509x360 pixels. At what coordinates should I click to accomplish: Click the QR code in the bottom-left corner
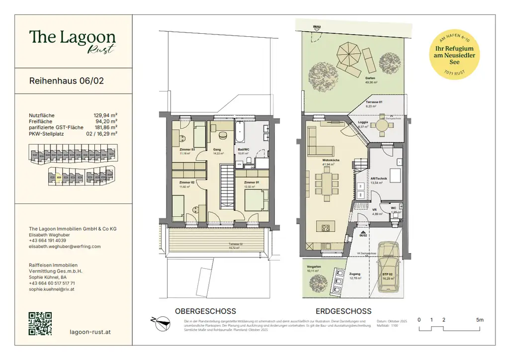click(40, 324)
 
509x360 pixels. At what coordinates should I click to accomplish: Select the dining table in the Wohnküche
click(326, 182)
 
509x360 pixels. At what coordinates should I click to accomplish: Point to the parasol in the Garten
click(347, 53)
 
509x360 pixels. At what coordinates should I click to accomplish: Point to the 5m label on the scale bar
click(479, 320)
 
